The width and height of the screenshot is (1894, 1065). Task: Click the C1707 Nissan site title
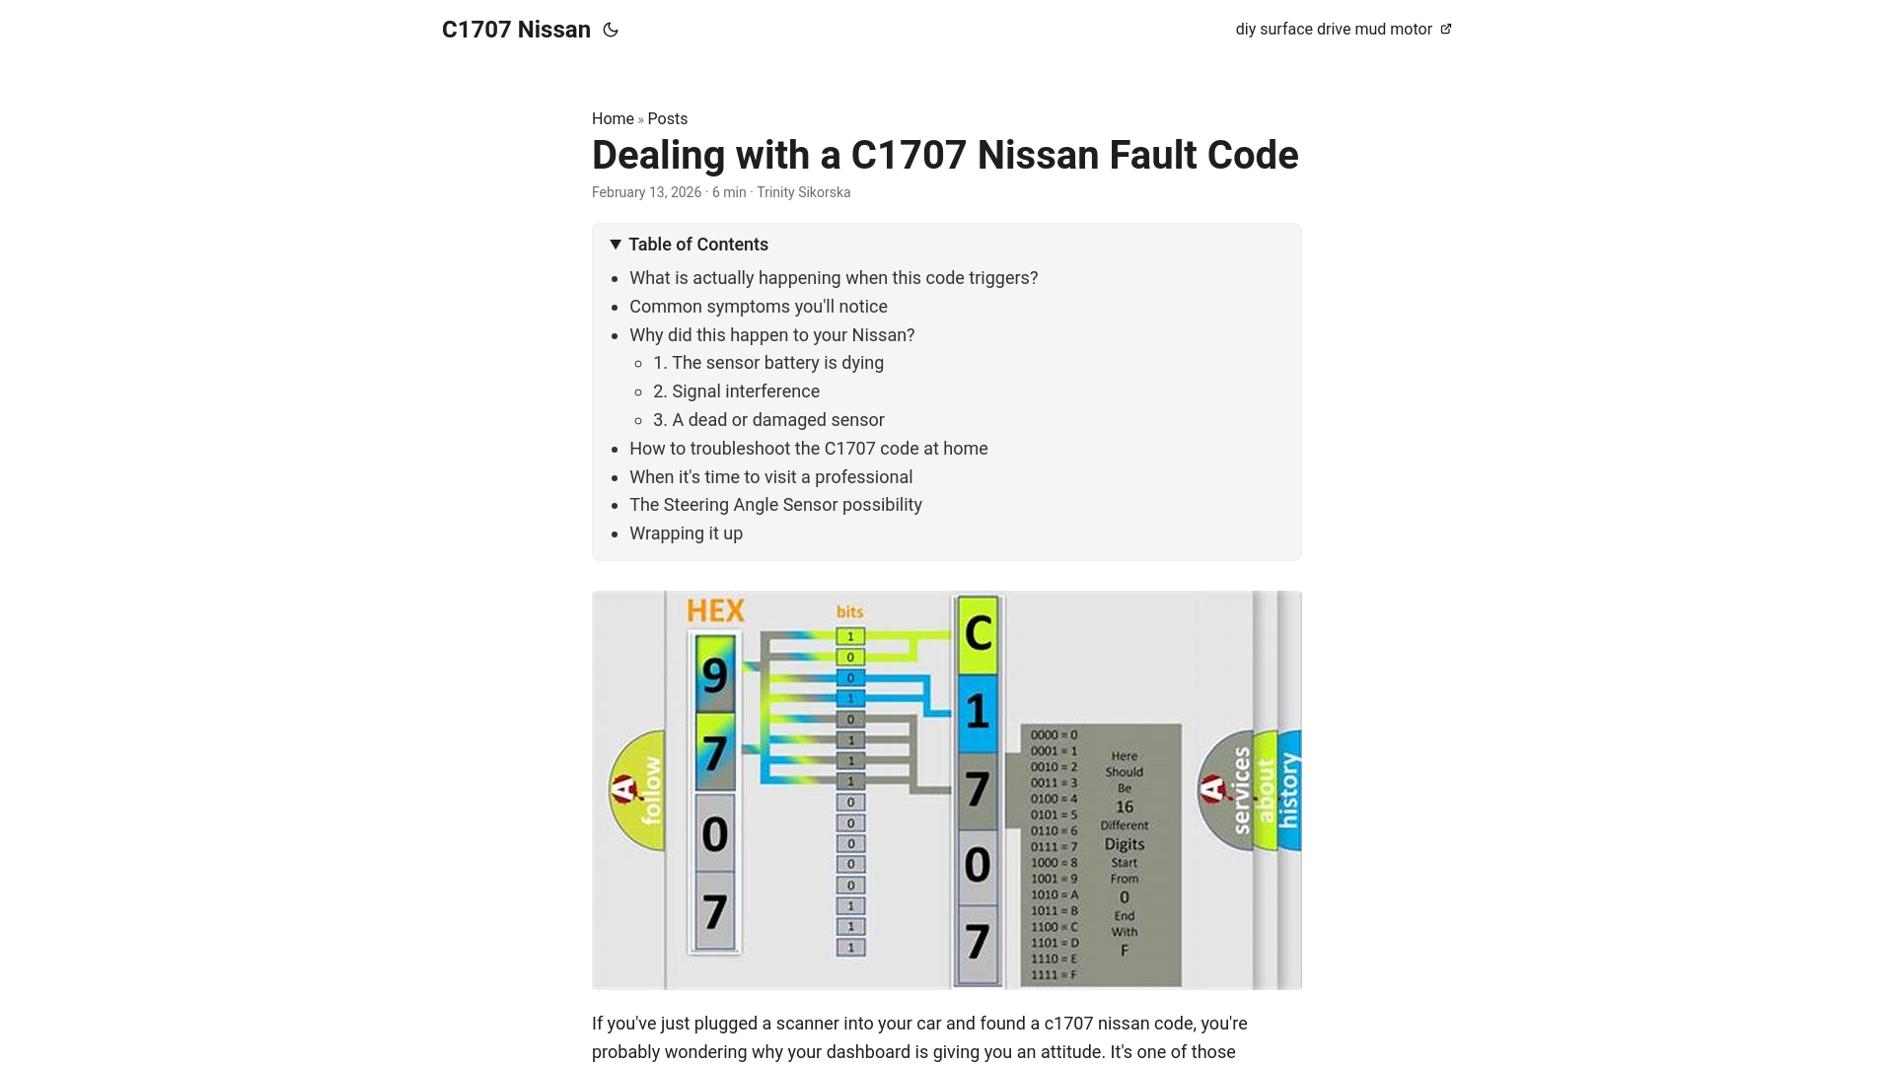(x=516, y=30)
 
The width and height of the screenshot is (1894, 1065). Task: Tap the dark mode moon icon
(x=611, y=30)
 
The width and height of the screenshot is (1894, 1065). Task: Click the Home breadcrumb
(x=613, y=118)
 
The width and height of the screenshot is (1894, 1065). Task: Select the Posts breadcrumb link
(x=668, y=118)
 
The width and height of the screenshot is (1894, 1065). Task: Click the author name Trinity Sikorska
(x=803, y=192)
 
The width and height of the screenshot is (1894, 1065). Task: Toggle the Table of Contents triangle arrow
(x=616, y=244)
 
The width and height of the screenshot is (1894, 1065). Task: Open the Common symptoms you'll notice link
(x=759, y=307)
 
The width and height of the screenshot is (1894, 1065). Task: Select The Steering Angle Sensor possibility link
(x=775, y=505)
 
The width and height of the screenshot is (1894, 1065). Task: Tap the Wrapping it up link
(x=686, y=533)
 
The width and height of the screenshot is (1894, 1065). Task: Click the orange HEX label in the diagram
(x=715, y=610)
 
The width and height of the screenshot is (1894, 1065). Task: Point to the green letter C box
(x=978, y=633)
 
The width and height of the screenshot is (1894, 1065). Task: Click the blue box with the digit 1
(x=978, y=711)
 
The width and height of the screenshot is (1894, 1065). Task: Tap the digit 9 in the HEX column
(x=715, y=675)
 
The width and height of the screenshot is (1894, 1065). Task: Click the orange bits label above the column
(x=849, y=612)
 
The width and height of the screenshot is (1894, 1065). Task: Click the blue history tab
(x=1289, y=790)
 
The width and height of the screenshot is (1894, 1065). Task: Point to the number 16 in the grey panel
(x=1125, y=807)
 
